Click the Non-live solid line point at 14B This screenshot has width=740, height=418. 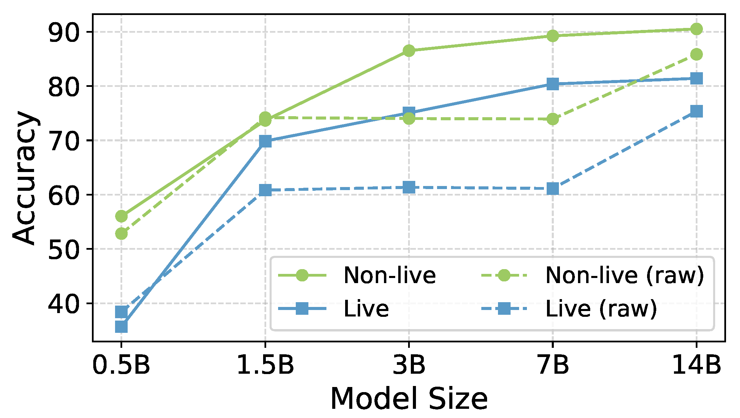696,29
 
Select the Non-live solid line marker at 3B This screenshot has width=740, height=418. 409,51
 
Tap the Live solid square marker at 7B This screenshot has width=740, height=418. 553,84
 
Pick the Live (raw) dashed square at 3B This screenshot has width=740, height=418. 409,187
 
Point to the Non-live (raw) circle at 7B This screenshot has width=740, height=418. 553,119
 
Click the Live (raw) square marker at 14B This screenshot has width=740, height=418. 696,111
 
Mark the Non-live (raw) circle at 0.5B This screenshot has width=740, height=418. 122,234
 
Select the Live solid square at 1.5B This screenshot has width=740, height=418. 265,141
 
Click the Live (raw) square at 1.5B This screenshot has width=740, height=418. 265,190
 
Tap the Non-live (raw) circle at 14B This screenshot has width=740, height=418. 696,54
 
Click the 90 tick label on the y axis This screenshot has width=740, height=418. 64,32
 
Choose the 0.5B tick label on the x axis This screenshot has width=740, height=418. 121,366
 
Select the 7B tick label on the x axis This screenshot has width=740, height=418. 553,366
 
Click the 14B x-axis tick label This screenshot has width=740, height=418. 696,366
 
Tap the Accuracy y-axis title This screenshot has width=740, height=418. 25,177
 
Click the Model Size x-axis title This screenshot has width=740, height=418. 409,399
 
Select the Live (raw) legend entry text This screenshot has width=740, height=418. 601,309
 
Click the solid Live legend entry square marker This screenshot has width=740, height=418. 302,309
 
